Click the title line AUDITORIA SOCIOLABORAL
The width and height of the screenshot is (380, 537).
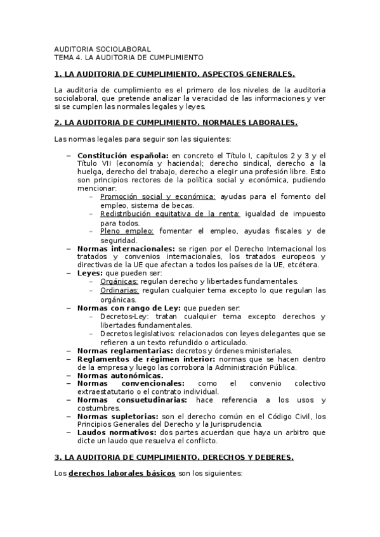pos(102,49)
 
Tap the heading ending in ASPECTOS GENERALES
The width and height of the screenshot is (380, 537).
pos(175,73)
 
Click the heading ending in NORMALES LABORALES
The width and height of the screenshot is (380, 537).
pos(176,122)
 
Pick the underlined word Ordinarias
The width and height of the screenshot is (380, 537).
pos(119,290)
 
